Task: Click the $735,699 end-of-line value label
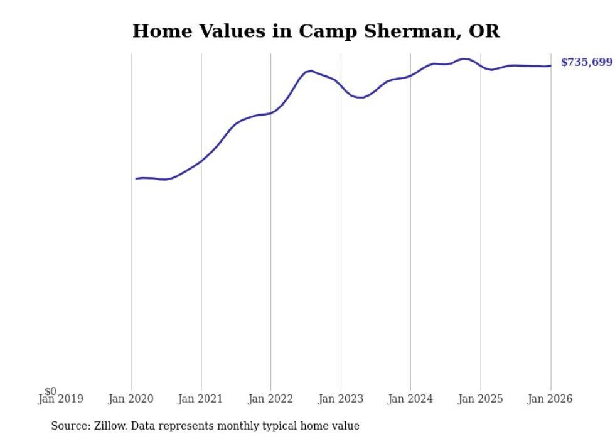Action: (586, 62)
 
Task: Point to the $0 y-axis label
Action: (51, 392)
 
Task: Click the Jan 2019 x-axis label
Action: (60, 399)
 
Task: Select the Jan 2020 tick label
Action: (131, 399)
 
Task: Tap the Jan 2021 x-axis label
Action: (201, 399)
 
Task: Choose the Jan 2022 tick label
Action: (270, 399)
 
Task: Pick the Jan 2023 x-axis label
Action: (341, 399)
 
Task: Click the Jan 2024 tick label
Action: (410, 399)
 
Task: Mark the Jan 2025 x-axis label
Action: (481, 399)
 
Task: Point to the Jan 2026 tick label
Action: (550, 399)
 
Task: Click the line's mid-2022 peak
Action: (311, 71)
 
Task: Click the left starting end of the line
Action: (136, 179)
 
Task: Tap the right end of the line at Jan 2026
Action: (550, 65)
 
